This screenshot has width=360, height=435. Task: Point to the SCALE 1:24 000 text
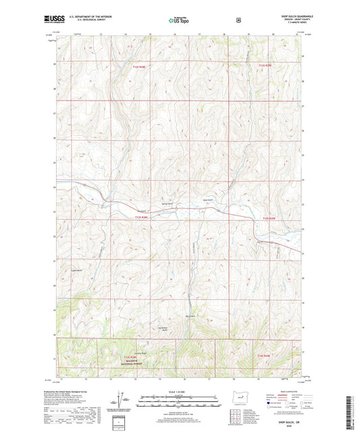pos(179,392)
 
